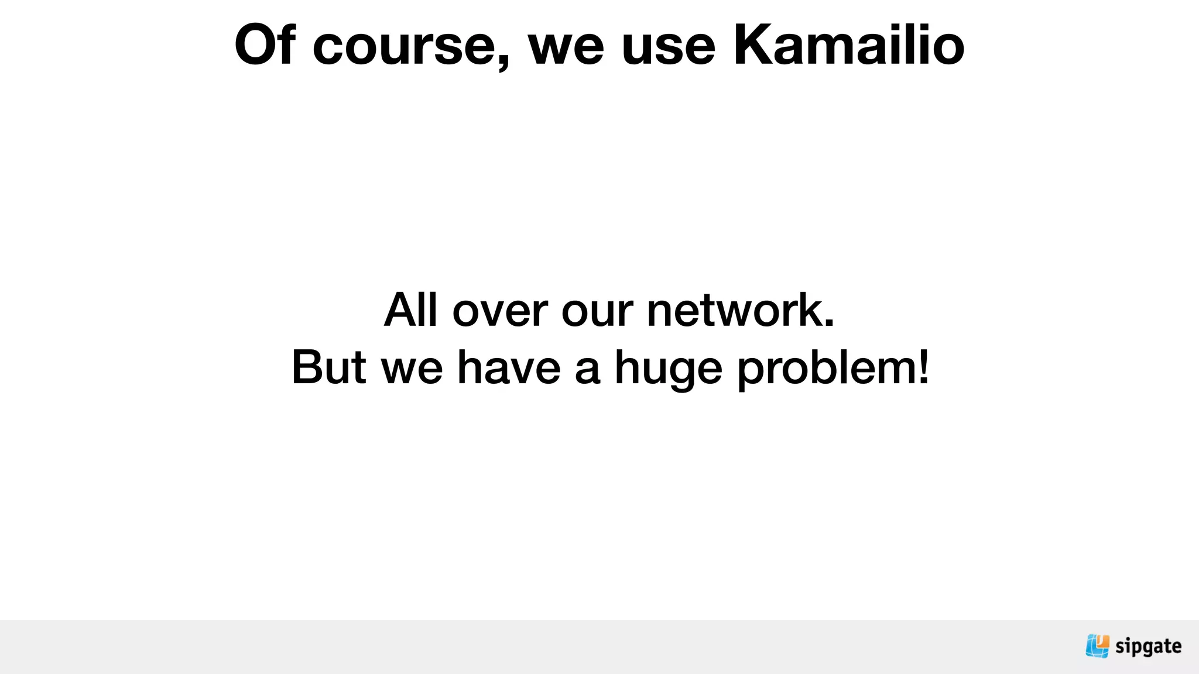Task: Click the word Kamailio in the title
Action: point(848,45)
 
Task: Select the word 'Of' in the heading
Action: point(265,45)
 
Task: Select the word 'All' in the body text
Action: point(411,310)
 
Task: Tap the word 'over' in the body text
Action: point(500,312)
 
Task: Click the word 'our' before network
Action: point(597,312)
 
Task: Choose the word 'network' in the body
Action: point(735,310)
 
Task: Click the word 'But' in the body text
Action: point(328,367)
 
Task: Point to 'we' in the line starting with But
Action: point(412,370)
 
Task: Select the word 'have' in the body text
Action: point(509,367)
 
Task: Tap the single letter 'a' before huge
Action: point(587,370)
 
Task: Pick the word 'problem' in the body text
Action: point(825,370)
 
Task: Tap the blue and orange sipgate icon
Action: point(1097,646)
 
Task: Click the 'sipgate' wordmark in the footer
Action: point(1148,647)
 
